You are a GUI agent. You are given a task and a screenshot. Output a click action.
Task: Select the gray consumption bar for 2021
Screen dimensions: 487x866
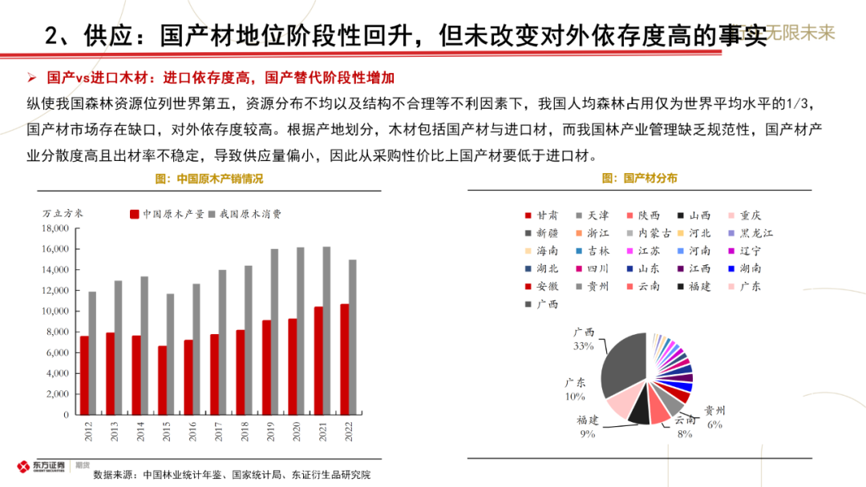tap(327, 331)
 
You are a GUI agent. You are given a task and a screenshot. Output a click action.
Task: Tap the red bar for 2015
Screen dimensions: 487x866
tap(163, 380)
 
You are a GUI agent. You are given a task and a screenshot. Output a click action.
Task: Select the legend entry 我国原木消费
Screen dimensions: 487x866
tap(245, 214)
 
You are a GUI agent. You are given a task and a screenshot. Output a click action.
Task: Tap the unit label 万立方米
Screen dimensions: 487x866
tap(63, 214)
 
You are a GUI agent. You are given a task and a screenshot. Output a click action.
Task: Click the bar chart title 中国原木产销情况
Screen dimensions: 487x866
tap(219, 179)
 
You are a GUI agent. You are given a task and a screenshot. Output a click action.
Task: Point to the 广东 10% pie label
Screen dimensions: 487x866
tap(575, 389)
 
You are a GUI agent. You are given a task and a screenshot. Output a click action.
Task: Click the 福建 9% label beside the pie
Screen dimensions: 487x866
tap(587, 426)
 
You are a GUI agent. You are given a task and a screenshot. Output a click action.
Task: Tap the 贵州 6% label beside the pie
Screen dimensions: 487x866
tap(714, 417)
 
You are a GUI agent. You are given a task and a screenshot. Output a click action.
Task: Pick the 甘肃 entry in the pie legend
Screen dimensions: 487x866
tap(543, 215)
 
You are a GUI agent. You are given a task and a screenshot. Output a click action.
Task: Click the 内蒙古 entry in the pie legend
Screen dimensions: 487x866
tap(648, 233)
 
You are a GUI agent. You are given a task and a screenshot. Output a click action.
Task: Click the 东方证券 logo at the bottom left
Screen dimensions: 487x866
tap(43, 467)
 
